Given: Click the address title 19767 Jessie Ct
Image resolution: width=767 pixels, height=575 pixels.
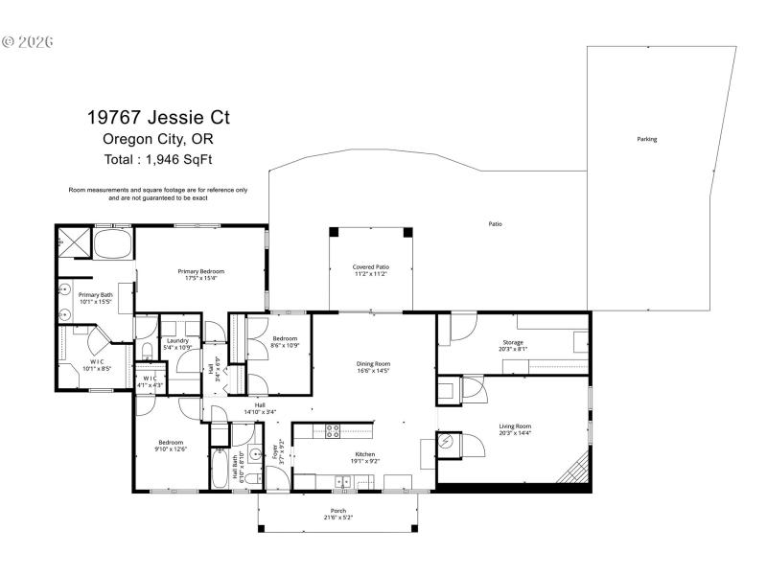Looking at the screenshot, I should [x=158, y=118].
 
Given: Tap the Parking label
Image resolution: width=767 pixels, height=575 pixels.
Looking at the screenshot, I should [x=647, y=139].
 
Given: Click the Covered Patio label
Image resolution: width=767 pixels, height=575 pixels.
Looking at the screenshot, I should [x=370, y=266].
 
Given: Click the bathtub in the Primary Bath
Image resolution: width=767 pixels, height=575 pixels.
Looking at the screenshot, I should [x=113, y=242].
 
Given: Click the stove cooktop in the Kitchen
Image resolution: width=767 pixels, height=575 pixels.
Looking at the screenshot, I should [x=333, y=430].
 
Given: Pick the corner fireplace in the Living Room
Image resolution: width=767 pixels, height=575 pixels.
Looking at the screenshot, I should [x=576, y=471].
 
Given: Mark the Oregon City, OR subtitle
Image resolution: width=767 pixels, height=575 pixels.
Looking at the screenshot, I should [x=158, y=138].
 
